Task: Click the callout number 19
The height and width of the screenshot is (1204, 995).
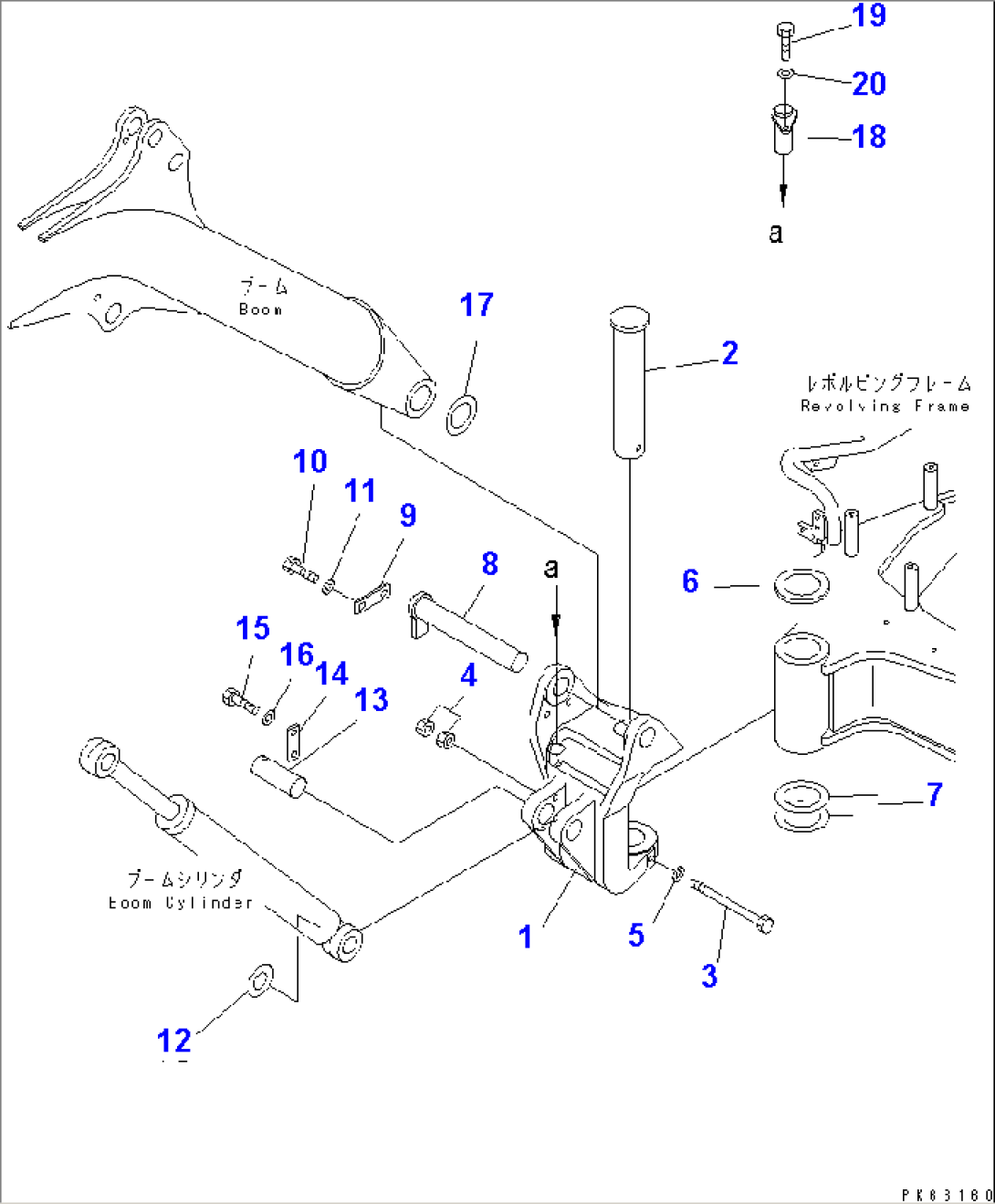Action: coord(868,16)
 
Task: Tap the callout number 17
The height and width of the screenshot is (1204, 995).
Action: coord(477,305)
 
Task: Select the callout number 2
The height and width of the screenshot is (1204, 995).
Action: coord(729,353)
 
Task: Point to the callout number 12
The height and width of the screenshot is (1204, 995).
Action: coord(173,1041)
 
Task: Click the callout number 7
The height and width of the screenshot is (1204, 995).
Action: coord(934,794)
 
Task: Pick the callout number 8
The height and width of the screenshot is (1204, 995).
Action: coord(489,564)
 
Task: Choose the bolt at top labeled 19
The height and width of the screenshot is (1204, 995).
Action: coord(785,39)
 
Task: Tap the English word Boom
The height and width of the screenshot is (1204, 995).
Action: coord(260,309)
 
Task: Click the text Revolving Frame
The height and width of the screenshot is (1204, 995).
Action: coord(885,406)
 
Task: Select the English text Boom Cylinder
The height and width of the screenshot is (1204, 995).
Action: coord(180,903)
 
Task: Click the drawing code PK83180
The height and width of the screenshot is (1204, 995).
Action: coord(947,1195)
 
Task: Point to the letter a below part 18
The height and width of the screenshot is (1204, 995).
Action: coord(776,233)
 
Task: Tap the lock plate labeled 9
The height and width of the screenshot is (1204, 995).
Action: coord(371,599)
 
